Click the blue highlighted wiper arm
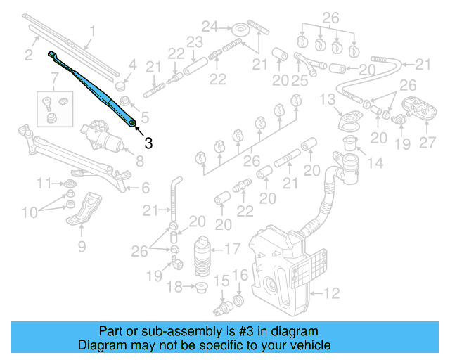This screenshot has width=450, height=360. coord(95,89)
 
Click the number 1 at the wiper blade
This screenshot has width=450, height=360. coord(91,30)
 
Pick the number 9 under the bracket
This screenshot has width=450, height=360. coord(82,245)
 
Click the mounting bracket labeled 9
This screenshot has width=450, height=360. coord(82,212)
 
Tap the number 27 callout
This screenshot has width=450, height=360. coord(428,142)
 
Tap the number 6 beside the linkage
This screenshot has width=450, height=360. coord(145,188)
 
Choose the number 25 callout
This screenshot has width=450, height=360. coord(300,81)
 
